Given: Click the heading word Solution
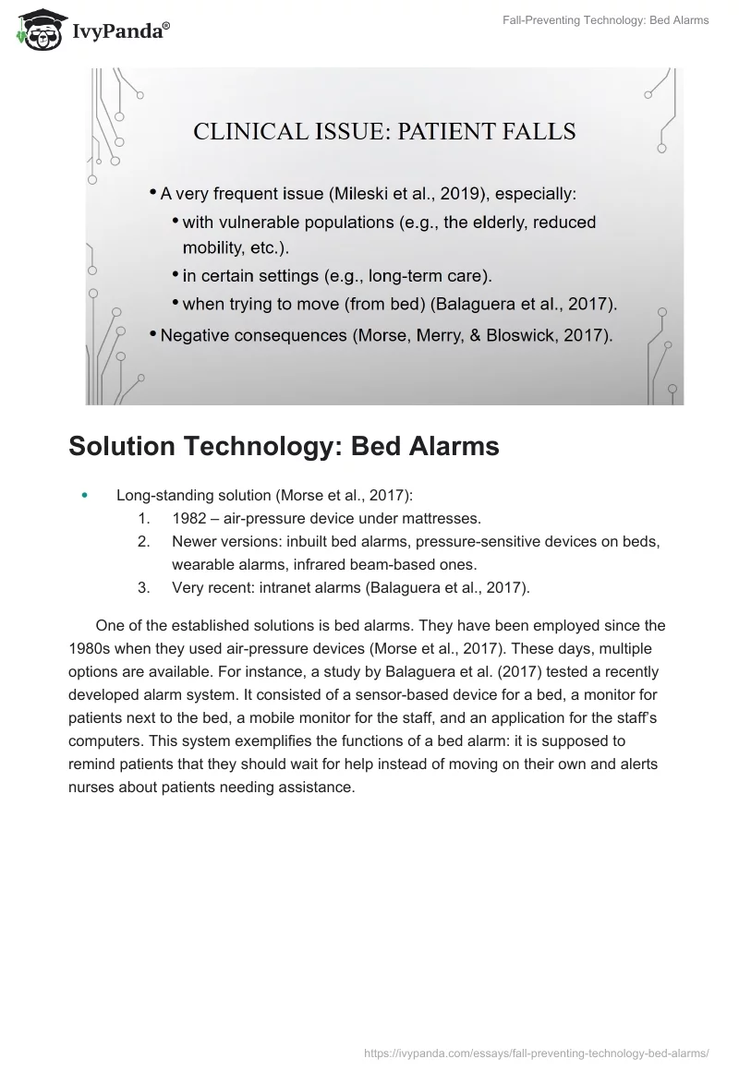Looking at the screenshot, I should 129,446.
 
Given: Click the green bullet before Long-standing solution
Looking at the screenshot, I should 86,496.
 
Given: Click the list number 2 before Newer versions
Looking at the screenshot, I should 143,540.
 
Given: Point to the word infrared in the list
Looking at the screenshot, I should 363,562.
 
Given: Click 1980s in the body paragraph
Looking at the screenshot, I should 91,647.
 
